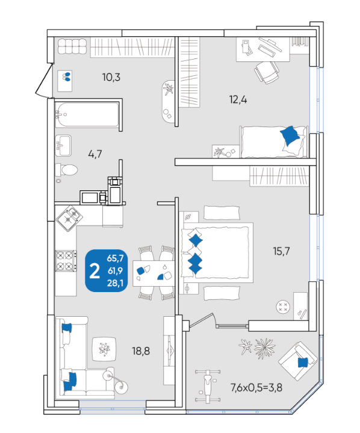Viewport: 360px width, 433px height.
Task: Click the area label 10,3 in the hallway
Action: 111,77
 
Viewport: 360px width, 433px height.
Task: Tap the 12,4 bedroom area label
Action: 238,99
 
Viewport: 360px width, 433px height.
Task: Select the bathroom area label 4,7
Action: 95,154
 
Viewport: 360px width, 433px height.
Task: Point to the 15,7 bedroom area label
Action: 281,251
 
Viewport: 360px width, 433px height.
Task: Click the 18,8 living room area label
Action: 141,351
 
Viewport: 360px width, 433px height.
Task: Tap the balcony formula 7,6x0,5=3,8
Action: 256,388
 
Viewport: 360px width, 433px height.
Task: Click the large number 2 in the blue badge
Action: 95,271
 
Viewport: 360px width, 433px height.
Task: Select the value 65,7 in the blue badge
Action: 115,258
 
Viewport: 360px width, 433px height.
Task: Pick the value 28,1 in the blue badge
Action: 116,283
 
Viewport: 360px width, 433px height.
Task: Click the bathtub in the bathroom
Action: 87,115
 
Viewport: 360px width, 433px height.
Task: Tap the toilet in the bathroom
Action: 66,170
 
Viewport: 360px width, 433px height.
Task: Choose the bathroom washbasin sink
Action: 63,146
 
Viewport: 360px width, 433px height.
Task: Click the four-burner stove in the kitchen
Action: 66,261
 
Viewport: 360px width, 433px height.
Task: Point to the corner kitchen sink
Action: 69,219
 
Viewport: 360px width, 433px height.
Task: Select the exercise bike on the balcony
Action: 207,385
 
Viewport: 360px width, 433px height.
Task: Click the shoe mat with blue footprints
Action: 65,81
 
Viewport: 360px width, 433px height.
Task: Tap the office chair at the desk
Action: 267,72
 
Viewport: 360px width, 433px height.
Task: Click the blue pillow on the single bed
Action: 290,136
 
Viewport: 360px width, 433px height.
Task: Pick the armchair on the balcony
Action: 297,361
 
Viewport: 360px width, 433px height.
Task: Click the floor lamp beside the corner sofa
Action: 116,381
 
